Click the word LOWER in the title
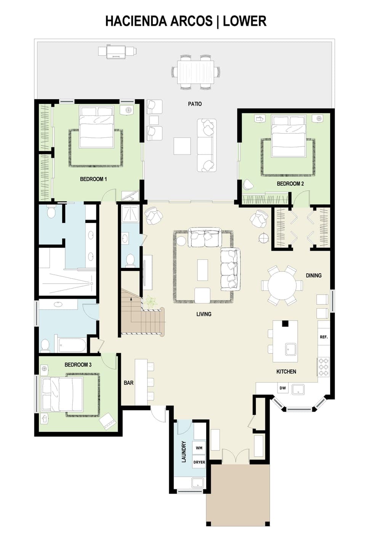tap(244, 21)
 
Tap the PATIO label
tap(195, 104)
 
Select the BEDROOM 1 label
tap(93, 179)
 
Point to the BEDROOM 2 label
tap(290, 183)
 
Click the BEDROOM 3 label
tap(78, 365)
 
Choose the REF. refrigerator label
tap(323, 337)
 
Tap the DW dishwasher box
tap(283, 388)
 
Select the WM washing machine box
tap(199, 448)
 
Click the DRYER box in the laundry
tap(199, 462)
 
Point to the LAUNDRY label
tap(184, 452)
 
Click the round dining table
tap(282, 285)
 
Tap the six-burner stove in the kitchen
tap(323, 367)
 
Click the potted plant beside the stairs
tap(151, 302)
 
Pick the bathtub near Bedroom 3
tap(72, 346)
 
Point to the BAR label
tap(128, 382)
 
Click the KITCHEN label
tap(286, 371)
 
